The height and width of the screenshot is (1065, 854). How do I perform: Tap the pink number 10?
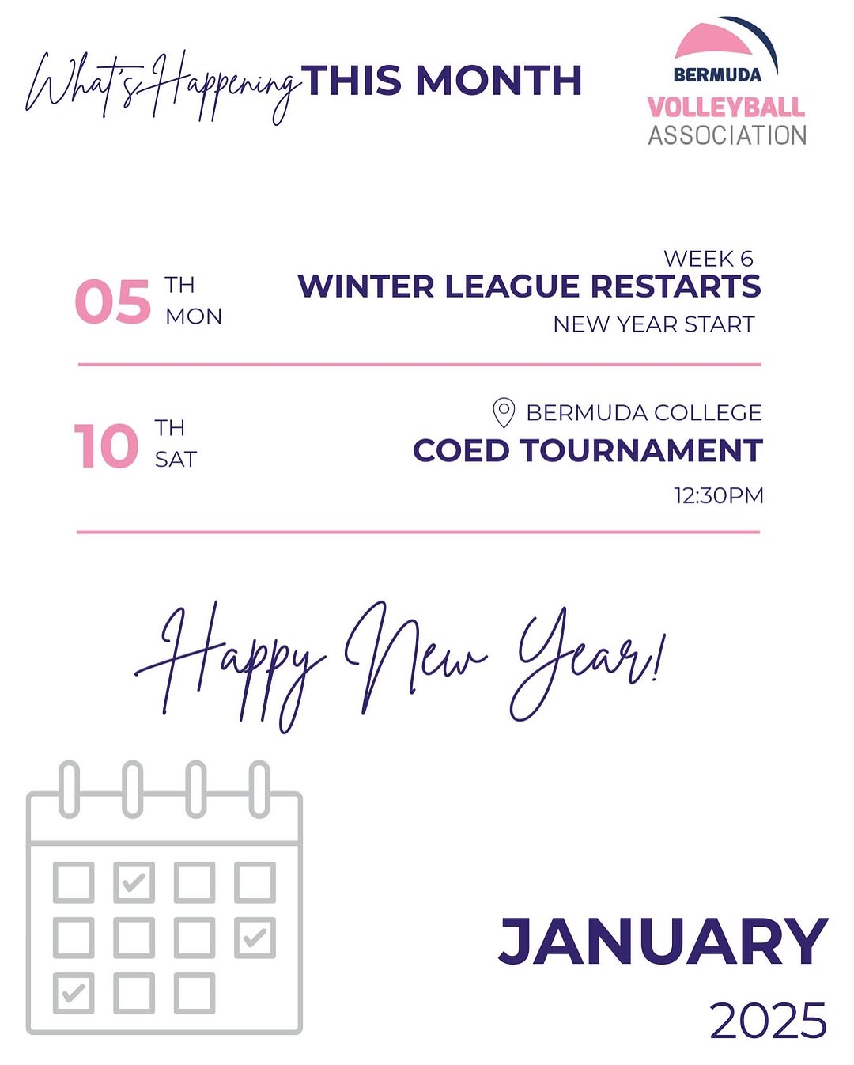[x=106, y=445]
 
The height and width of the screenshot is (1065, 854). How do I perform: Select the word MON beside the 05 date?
[x=194, y=316]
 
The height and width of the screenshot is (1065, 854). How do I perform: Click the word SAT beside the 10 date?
[x=176, y=460]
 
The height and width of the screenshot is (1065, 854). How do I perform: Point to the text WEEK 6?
[x=709, y=258]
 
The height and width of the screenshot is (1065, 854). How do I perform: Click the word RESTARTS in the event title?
[x=675, y=286]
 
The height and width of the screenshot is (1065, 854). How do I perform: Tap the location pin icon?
[x=504, y=413]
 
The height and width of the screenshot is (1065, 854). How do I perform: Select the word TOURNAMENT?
[x=642, y=450]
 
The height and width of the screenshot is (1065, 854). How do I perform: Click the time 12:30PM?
[x=719, y=495]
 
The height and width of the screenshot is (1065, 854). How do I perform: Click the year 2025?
[x=768, y=1020]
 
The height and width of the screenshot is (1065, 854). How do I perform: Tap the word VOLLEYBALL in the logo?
[x=726, y=107]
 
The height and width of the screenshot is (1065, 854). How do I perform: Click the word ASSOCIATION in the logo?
[x=727, y=135]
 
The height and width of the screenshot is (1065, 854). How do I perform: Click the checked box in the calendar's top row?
[x=134, y=882]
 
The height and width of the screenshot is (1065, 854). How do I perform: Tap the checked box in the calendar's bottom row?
[x=74, y=993]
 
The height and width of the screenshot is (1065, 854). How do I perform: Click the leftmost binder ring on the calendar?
[x=70, y=790]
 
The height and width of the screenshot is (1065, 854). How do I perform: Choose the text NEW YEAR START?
[x=654, y=324]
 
